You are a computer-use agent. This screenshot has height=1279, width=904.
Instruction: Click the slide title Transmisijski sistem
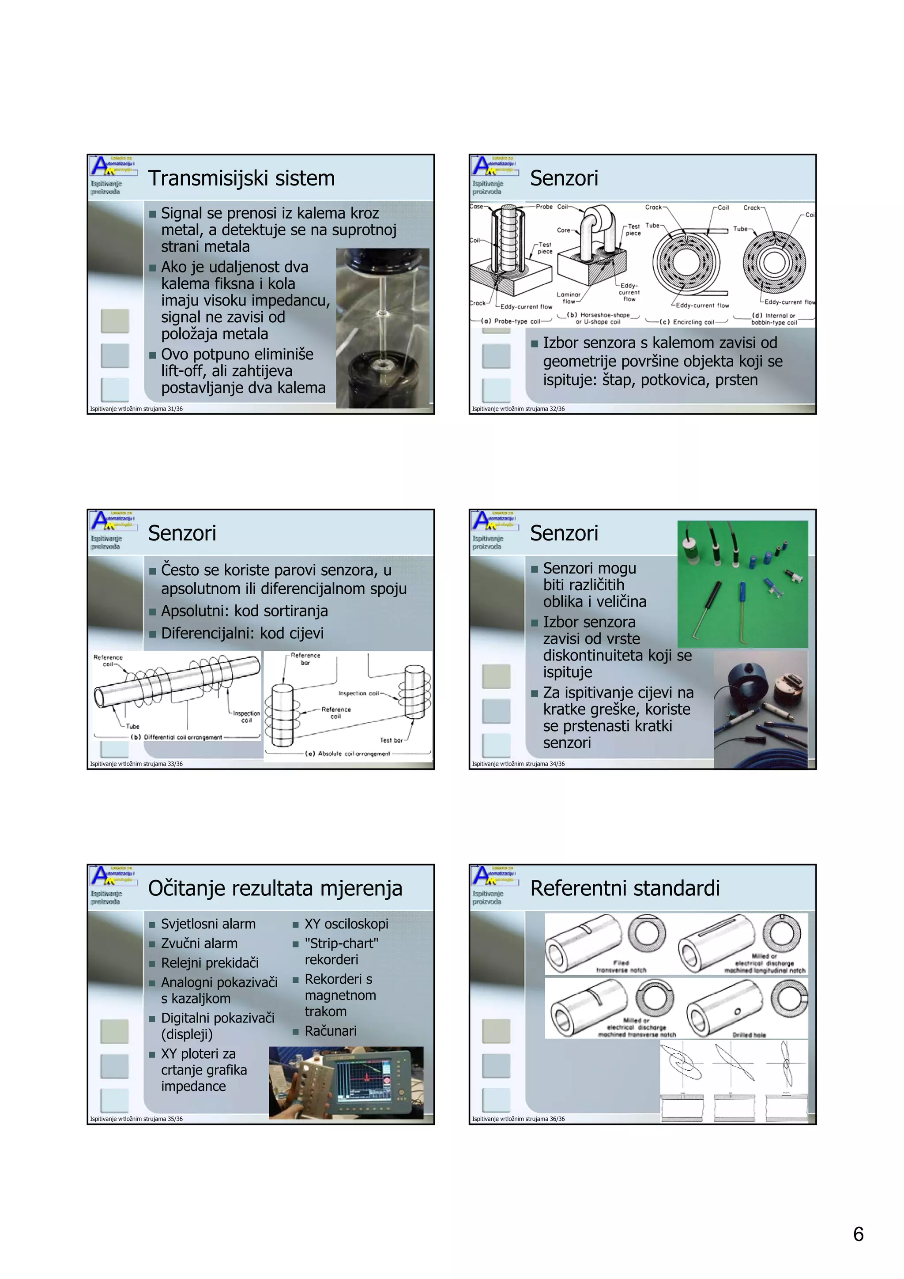point(241,178)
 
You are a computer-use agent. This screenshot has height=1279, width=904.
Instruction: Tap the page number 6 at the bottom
point(859,1234)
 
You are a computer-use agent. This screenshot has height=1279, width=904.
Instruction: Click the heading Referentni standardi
point(625,888)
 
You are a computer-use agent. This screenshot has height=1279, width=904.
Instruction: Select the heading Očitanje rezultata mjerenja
point(275,888)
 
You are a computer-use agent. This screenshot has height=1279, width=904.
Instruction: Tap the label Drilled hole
point(749,1034)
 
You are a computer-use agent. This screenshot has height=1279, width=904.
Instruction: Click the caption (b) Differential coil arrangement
point(176,737)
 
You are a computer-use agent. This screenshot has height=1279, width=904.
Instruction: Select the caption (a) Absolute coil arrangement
point(347,754)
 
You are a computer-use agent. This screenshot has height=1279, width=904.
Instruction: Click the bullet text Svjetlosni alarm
point(208,924)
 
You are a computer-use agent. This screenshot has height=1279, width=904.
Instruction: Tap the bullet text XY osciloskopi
point(346,924)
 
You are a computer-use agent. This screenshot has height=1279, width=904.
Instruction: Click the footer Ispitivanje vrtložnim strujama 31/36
point(136,409)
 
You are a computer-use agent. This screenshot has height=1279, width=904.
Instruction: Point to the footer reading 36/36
point(518,1119)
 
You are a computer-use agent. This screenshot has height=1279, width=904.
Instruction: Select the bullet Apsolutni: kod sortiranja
point(244,611)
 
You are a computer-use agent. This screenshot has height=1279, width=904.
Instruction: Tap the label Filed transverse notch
point(621,966)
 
